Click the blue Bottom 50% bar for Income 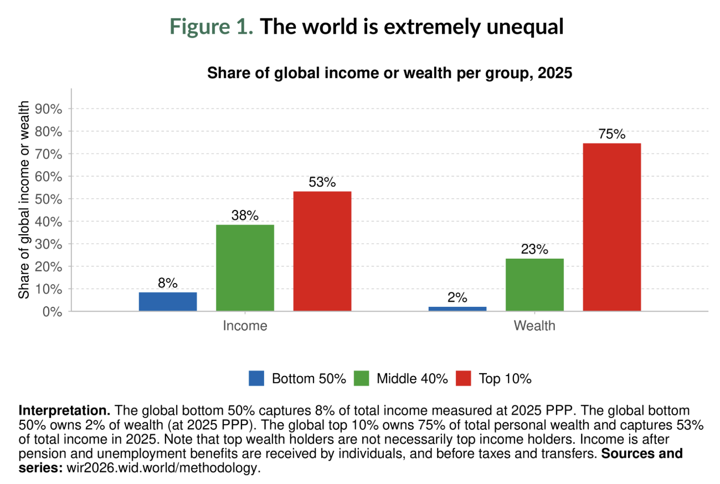[168, 301]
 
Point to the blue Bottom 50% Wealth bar [457, 308]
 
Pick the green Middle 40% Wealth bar [534, 285]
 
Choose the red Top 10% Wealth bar [612, 227]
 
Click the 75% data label [612, 135]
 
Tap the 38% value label [245, 216]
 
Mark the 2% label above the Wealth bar [457, 298]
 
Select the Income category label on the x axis [245, 326]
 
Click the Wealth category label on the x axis [534, 326]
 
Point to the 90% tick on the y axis [48, 109]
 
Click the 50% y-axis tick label [48, 199]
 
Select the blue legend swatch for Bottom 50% [258, 379]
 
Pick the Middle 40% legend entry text [412, 379]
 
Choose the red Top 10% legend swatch [464, 379]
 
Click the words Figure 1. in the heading [212, 27]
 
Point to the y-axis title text [24, 199]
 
